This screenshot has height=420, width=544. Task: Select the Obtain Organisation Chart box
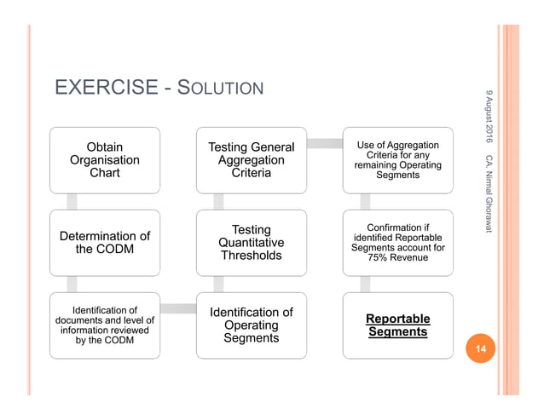(x=105, y=160)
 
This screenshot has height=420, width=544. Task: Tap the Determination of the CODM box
(x=105, y=243)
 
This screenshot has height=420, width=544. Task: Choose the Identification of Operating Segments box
(x=251, y=325)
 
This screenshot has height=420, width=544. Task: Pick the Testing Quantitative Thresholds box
(x=251, y=243)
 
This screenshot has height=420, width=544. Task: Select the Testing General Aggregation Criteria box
(x=251, y=160)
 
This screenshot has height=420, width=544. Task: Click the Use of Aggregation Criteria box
(x=397, y=160)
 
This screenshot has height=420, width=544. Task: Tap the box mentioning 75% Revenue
(x=397, y=243)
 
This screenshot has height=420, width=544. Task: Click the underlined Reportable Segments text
(x=397, y=325)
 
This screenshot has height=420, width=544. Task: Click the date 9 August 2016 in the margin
(x=489, y=115)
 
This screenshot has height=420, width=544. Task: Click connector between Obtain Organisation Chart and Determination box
(x=72, y=201)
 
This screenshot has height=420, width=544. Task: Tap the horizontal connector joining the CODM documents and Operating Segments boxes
(x=178, y=308)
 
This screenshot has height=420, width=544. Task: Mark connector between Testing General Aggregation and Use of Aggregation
(x=324, y=143)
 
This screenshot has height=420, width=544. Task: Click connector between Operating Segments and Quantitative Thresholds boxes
(x=218, y=285)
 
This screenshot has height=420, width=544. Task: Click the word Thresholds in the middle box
(x=251, y=256)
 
